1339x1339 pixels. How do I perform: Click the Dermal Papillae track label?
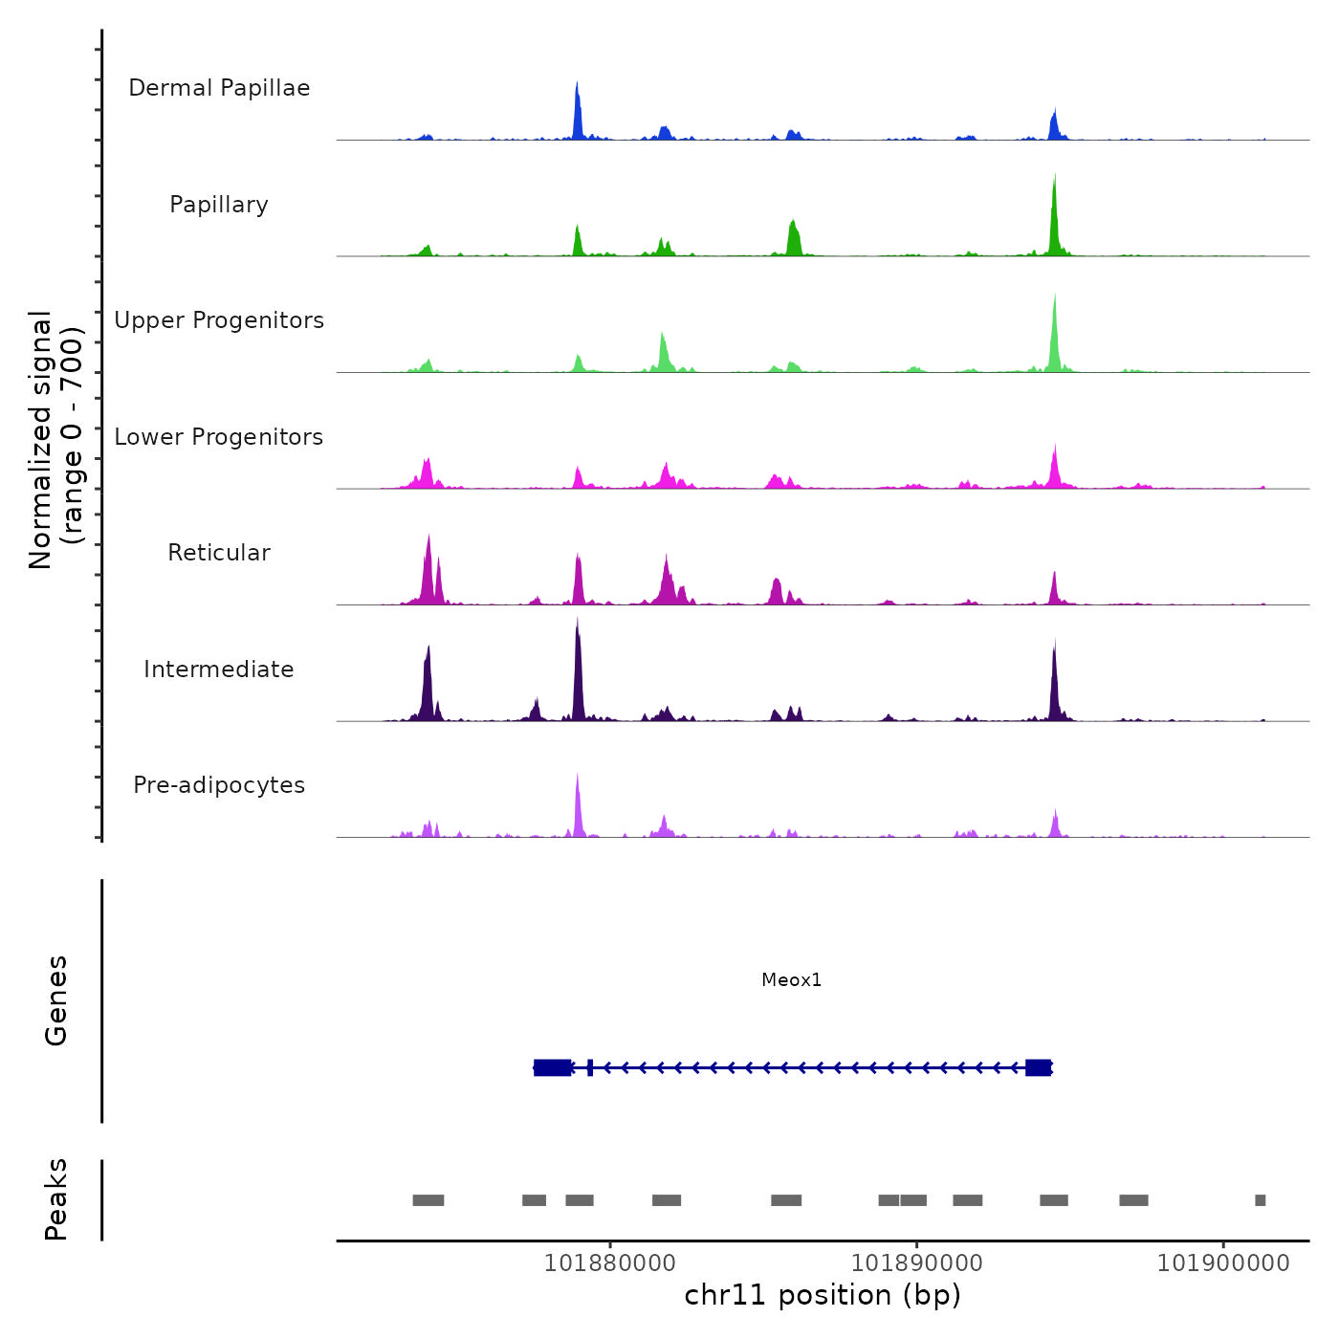(219, 88)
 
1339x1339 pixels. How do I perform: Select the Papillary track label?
(219, 205)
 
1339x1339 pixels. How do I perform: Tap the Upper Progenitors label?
(219, 320)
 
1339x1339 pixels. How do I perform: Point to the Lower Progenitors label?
(219, 437)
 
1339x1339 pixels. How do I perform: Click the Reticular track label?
(219, 553)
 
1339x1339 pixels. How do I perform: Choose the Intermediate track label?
(219, 669)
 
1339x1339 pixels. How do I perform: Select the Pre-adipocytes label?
(219, 785)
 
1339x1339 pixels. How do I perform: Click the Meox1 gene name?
(791, 979)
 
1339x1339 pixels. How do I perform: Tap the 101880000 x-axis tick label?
(609, 1263)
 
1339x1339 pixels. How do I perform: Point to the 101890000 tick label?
(916, 1263)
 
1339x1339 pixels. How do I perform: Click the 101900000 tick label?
(1223, 1263)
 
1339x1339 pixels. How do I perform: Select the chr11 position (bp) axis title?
(823, 1295)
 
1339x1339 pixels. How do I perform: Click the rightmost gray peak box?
(1260, 1200)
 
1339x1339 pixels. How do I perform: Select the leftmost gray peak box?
(428, 1200)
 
